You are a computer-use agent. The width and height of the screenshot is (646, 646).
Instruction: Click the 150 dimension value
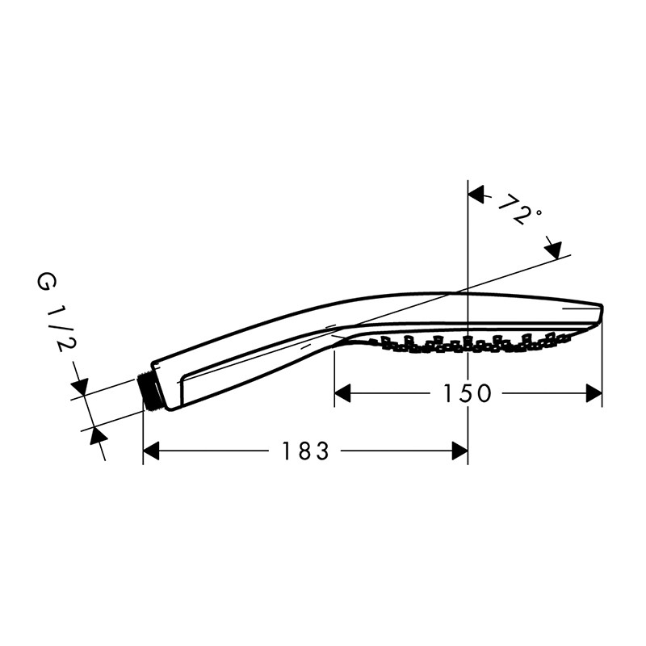click(x=467, y=393)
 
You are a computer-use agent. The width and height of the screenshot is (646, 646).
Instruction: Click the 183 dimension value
click(x=305, y=451)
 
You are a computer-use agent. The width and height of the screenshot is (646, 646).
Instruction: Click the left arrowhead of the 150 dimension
click(x=342, y=393)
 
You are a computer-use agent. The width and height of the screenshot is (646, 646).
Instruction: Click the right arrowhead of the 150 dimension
click(x=594, y=393)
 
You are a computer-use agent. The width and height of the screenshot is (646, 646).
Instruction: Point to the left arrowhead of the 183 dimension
click(x=151, y=451)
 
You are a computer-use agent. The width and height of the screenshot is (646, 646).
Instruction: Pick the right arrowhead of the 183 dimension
click(x=459, y=451)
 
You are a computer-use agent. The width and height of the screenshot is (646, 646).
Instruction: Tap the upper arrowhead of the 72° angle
click(x=476, y=195)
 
